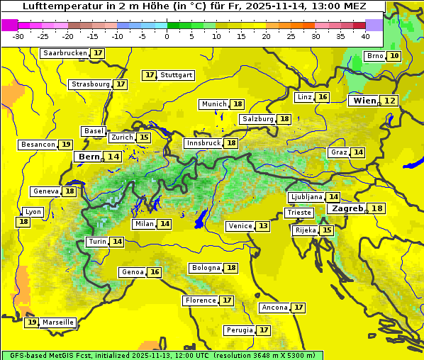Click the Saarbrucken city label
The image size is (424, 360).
pos(65,53)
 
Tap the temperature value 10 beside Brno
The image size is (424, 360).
pos(394,56)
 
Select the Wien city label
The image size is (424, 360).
pos(364,101)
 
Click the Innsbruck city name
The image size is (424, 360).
pos(203,143)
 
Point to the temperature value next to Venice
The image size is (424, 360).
pos(263,226)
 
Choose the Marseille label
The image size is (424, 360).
pos(57,322)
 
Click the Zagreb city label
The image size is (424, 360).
pos(347,208)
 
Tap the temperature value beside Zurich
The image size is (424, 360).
pos(144,137)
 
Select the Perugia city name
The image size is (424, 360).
pos(239,330)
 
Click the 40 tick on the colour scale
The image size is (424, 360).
pos(365,36)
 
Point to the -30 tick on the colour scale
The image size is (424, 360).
pos(18,36)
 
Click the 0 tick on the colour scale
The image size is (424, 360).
pos(167,36)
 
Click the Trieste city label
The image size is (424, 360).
pos(298,213)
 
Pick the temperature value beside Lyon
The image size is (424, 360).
pos(23,222)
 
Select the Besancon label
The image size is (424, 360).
pos(38,145)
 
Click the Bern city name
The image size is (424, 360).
pos(89,157)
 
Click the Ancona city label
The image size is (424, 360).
pos(274,308)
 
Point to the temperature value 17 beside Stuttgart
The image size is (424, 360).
pos(149,75)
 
